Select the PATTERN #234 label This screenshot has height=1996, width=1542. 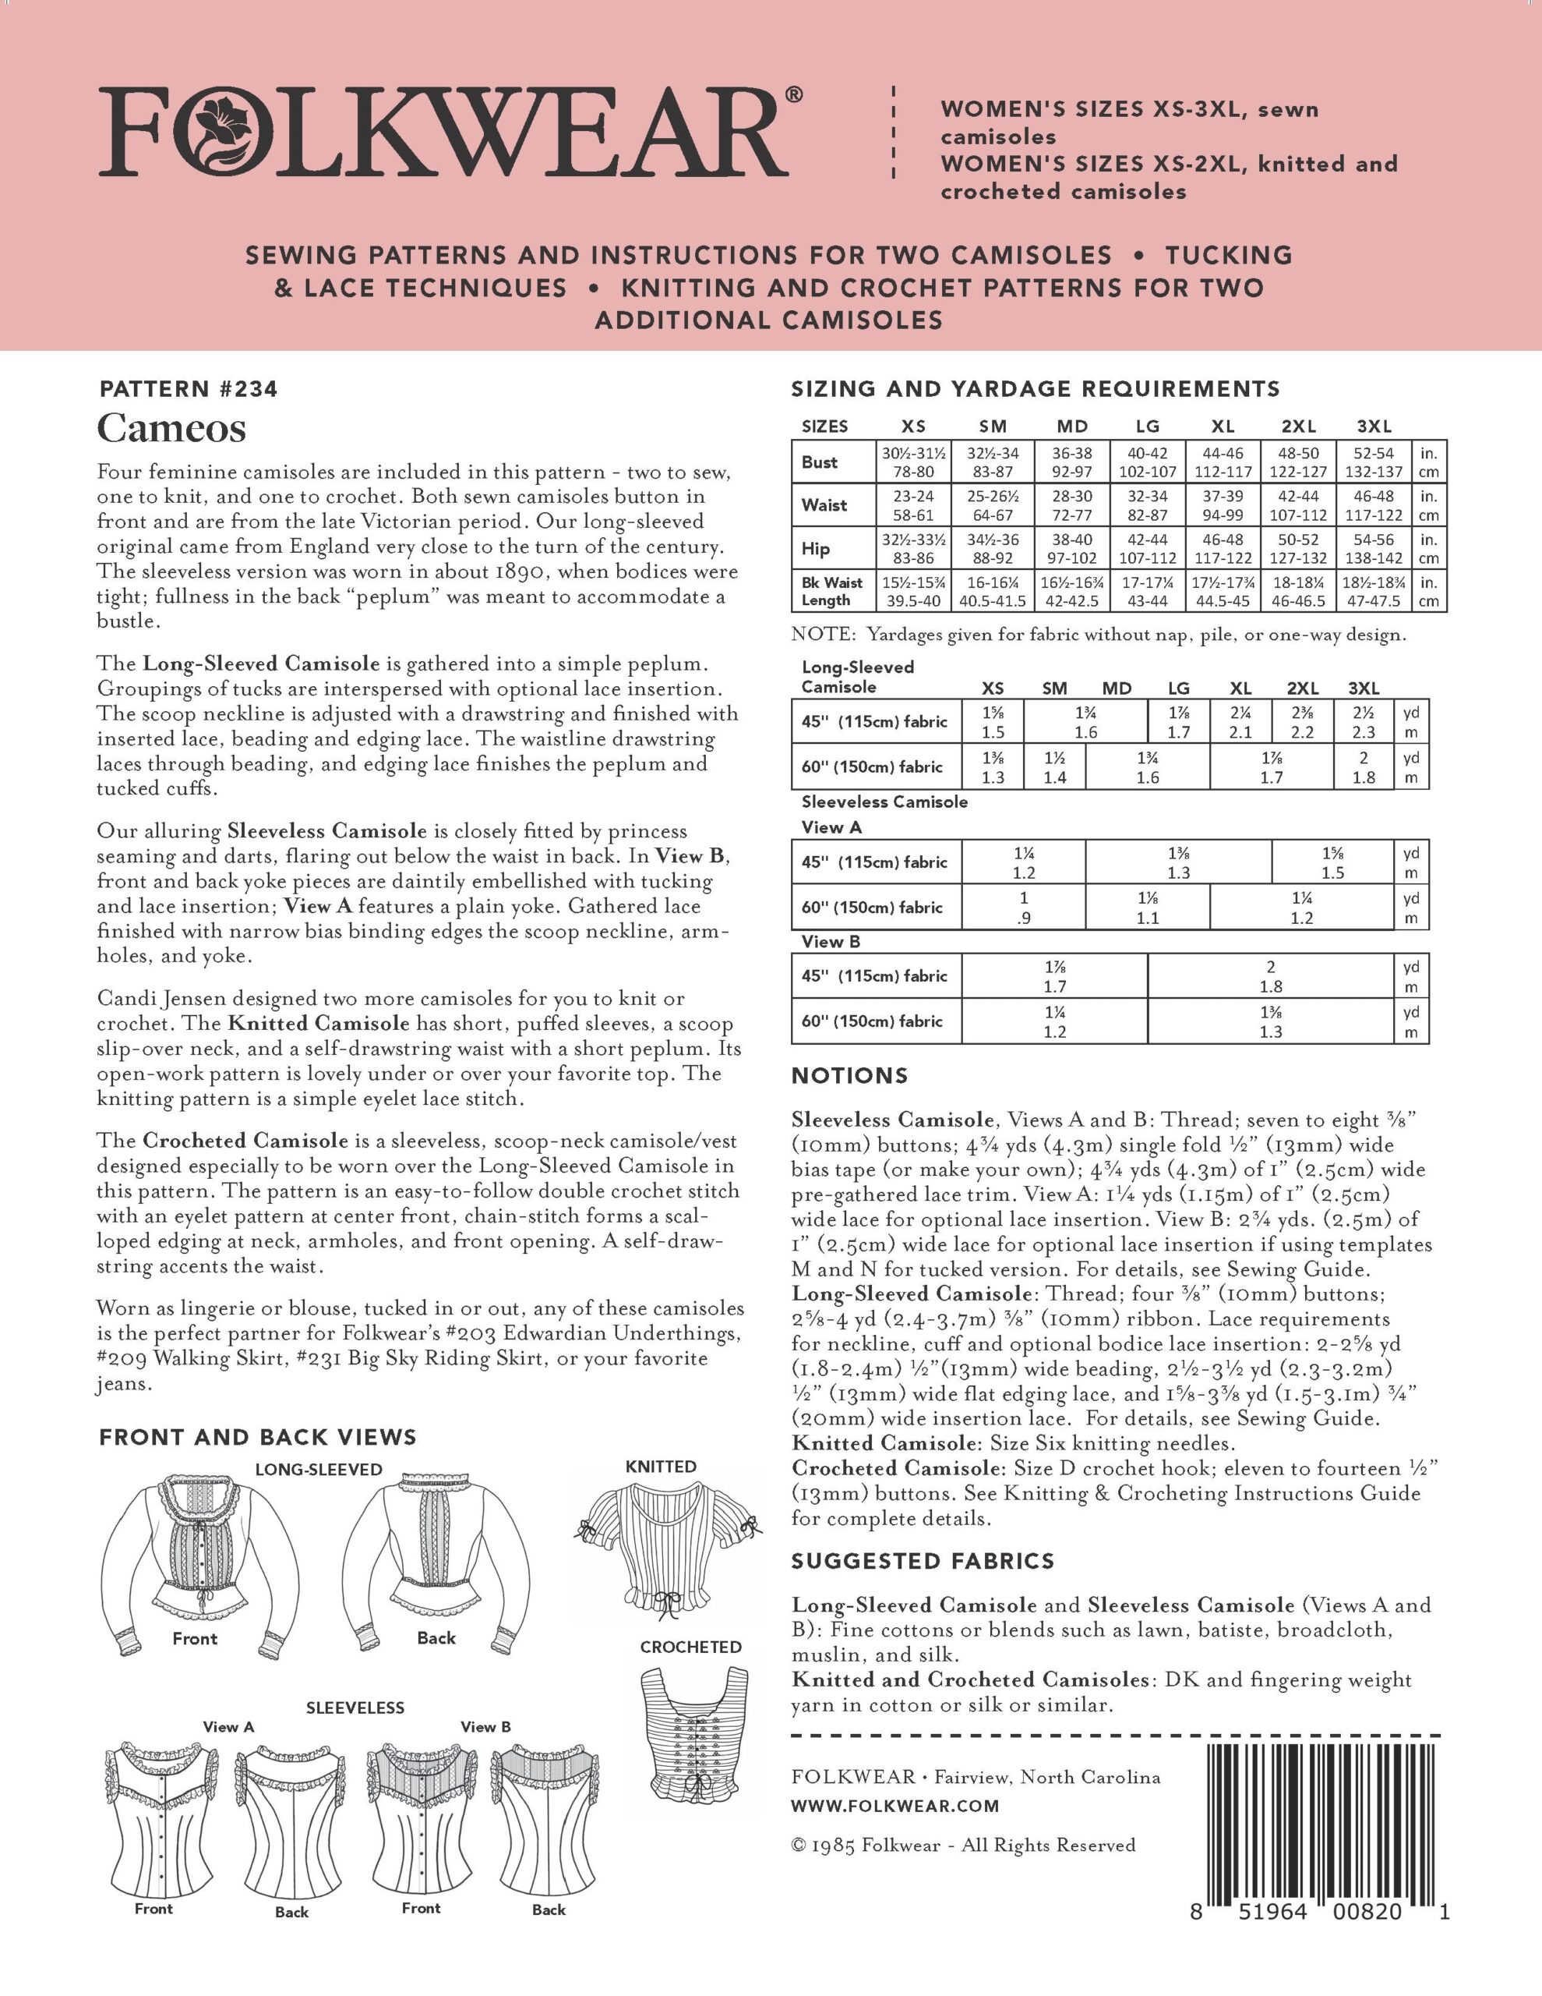point(189,389)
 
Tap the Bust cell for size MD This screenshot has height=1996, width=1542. point(1071,462)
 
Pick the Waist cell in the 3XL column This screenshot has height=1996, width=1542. point(1373,505)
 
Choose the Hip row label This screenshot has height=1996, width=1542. point(816,548)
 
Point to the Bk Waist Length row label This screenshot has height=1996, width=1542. point(831,591)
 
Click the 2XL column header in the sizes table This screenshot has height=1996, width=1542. point(1298,426)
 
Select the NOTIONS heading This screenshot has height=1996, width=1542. point(849,1076)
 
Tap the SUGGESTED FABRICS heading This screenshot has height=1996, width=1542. point(923,1561)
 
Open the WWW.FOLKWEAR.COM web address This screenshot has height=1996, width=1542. point(895,1806)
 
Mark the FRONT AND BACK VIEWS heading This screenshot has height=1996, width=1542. point(258,1438)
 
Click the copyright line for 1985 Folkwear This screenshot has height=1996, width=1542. point(963,1846)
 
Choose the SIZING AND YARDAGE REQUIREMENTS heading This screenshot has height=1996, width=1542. point(1035,389)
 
